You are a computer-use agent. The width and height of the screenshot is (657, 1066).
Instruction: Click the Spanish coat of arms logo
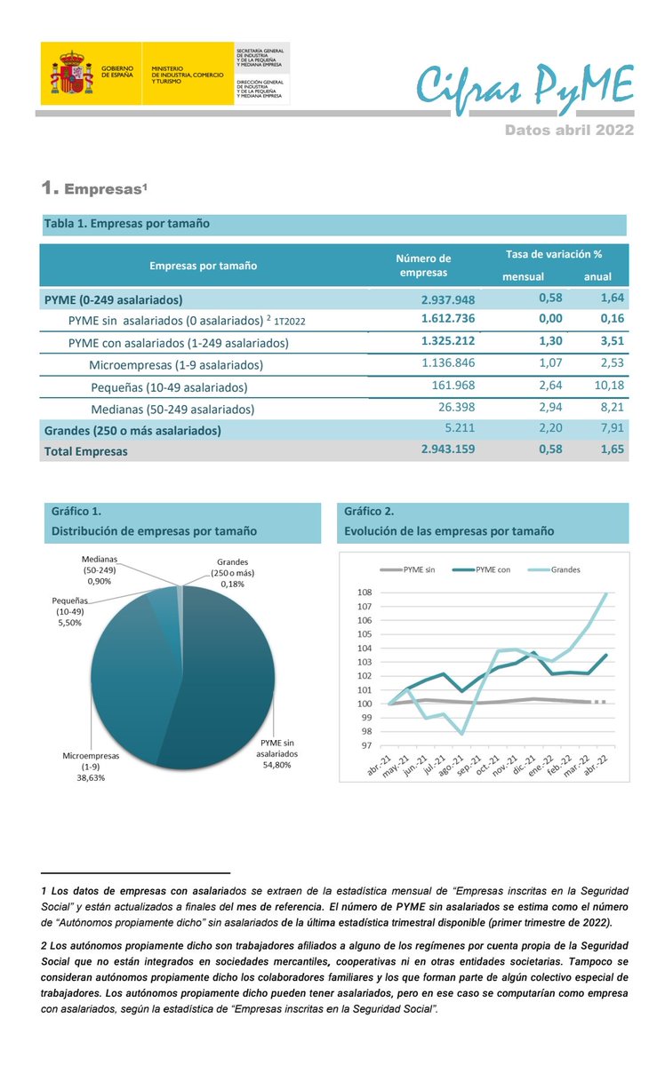coord(71,73)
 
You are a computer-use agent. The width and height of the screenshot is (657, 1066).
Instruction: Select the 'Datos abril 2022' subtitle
coord(569,130)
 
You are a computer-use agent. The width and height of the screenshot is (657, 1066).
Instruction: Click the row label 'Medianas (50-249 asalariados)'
coord(172,409)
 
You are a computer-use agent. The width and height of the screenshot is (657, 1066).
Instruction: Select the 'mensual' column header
coord(523,276)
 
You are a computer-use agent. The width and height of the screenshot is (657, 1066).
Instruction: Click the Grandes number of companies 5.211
coord(459,429)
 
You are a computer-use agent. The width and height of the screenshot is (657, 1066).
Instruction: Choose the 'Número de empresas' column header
coord(423,266)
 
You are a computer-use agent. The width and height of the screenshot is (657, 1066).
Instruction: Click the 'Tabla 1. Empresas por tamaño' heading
coord(126,224)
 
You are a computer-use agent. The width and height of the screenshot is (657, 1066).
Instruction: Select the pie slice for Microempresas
coord(133,675)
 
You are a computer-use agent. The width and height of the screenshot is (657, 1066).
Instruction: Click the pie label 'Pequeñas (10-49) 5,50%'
coord(67,612)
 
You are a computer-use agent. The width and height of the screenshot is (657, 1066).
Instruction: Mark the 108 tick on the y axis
coord(363,593)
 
